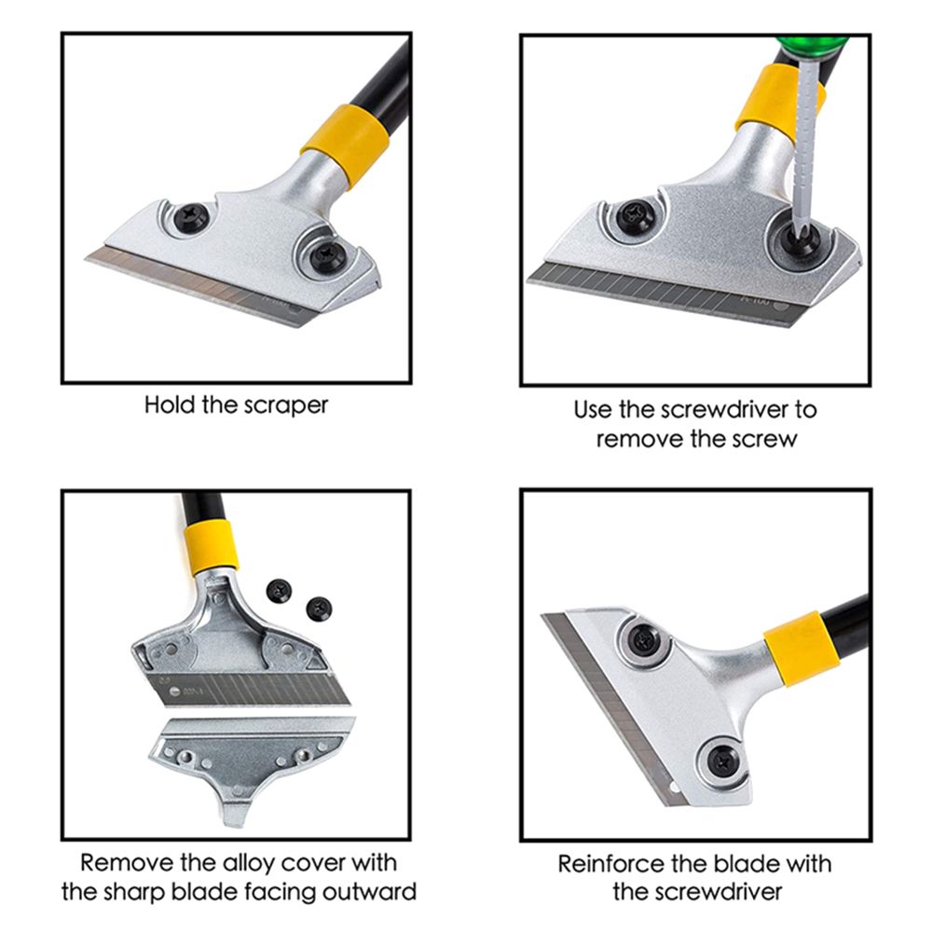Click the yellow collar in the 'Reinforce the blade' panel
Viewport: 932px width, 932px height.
802,648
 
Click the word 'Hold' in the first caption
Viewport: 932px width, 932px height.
170,405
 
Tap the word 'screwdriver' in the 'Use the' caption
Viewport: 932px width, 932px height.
725,409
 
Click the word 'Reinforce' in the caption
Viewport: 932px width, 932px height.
603,864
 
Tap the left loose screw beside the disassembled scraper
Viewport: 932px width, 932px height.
280,592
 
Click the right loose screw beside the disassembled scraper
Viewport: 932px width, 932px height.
319,609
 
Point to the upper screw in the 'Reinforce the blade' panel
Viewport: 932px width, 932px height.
643,641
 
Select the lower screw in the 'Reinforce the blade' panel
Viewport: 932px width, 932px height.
723,761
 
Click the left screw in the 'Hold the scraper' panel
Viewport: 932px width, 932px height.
192,215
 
